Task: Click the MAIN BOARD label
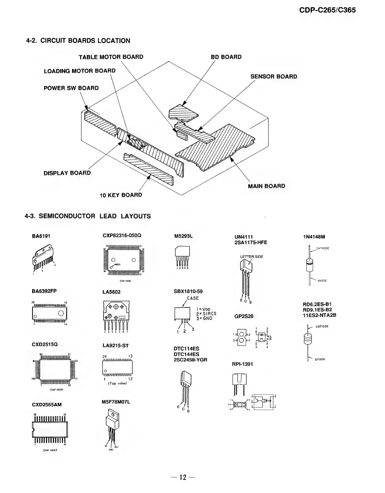click(266, 186)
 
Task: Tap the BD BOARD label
click(226, 57)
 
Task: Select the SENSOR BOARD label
click(273, 76)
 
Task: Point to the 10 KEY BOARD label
click(121, 195)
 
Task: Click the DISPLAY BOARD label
click(67, 173)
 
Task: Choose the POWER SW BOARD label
click(71, 88)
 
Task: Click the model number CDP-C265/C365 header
click(327, 10)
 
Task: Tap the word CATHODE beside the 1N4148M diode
click(323, 248)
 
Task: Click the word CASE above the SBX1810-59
click(192, 298)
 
